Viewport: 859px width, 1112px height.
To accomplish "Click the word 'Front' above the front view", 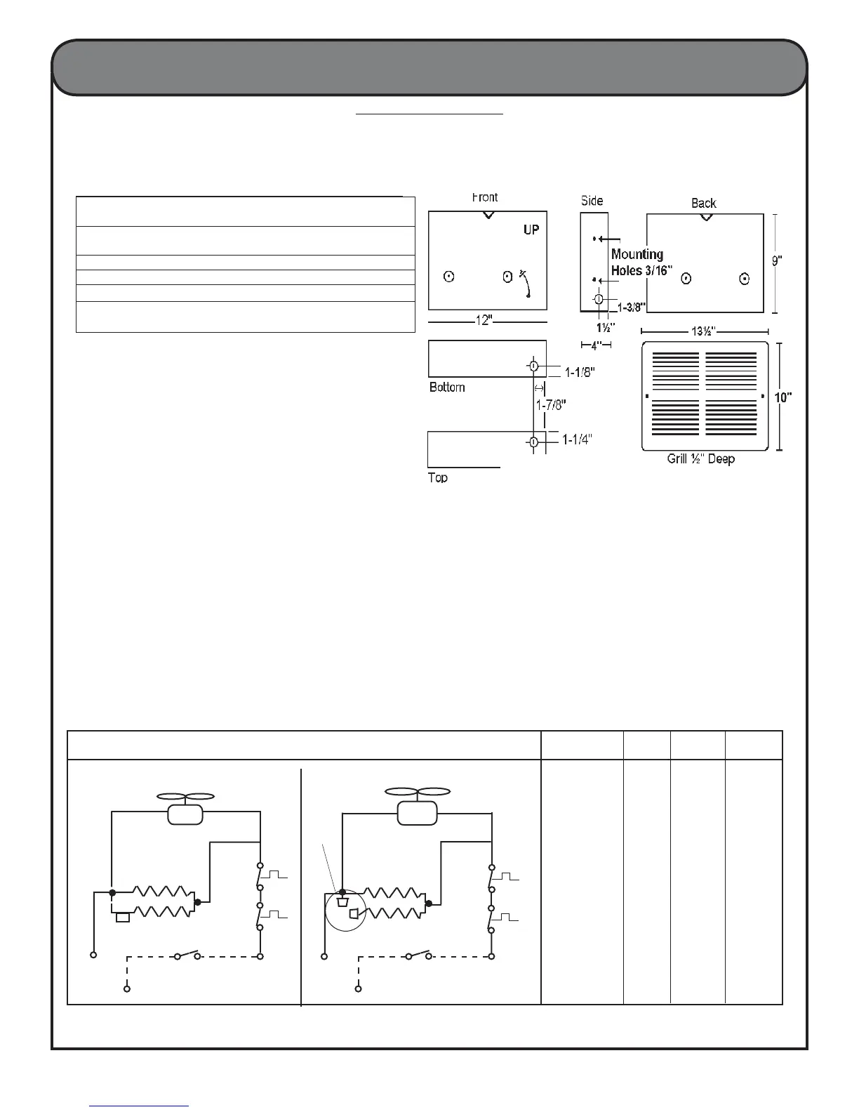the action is pyautogui.click(x=485, y=197).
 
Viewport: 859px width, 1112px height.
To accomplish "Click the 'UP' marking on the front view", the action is pyautogui.click(x=531, y=230).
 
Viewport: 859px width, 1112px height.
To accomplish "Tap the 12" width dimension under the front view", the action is pyautogui.click(x=485, y=320).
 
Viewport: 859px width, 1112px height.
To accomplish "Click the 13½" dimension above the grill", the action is pyautogui.click(x=705, y=331).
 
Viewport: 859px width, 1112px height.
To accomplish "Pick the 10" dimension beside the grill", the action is pyautogui.click(x=783, y=397).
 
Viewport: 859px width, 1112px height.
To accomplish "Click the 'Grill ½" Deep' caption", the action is pyautogui.click(x=700, y=459).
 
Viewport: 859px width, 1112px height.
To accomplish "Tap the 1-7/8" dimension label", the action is pyautogui.click(x=551, y=405).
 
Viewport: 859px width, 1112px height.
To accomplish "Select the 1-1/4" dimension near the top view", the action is pyautogui.click(x=577, y=440).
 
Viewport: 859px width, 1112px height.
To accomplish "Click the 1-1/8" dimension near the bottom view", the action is pyautogui.click(x=580, y=373).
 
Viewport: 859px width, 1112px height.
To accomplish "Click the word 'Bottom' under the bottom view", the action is pyautogui.click(x=447, y=388).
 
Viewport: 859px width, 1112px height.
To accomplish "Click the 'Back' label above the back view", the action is pyautogui.click(x=703, y=203).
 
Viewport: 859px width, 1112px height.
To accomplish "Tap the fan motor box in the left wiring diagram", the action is pyautogui.click(x=185, y=815).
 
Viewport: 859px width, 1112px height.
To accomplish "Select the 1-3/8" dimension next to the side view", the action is pyautogui.click(x=631, y=305).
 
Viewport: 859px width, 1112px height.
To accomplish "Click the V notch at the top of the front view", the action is pyautogui.click(x=488, y=215).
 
